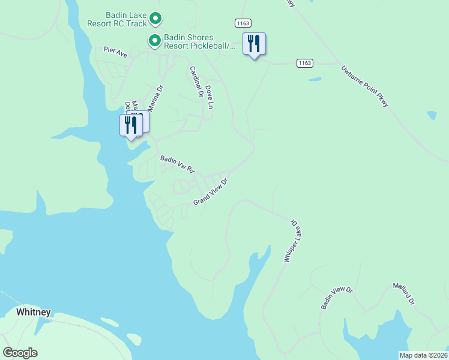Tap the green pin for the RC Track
tap(155, 19)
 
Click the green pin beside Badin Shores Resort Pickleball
tap(154, 41)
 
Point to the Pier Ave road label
tap(115, 53)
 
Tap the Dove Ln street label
tap(209, 97)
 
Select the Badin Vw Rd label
tap(178, 164)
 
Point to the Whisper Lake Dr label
tap(290, 240)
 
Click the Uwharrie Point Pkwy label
tap(365, 86)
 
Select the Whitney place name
tap(34, 312)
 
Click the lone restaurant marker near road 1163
tap(254, 44)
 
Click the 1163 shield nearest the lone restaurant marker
tap(242, 22)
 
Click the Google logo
tap(20, 353)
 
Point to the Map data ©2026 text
tap(424, 355)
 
